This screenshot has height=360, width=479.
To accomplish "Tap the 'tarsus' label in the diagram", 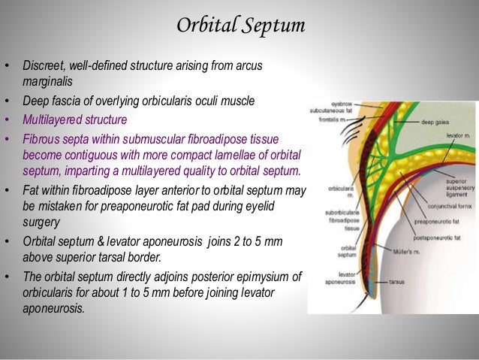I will pos(397,283).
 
